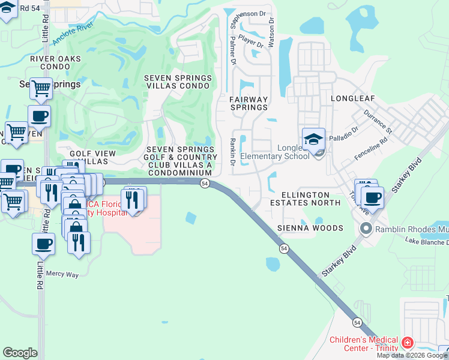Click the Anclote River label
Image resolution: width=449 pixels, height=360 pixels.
(74, 34)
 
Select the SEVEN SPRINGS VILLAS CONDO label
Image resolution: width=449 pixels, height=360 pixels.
(178, 82)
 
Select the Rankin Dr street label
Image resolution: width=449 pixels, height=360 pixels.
(232, 148)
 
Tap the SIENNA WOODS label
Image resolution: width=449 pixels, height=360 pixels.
(310, 228)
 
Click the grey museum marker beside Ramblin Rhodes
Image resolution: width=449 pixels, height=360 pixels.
(365, 229)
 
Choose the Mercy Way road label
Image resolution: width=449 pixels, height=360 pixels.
(64, 274)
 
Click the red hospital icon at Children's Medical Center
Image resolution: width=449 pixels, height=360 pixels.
(408, 343)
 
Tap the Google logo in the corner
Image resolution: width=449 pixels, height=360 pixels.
(20, 353)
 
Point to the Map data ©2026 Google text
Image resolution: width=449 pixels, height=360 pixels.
(412, 355)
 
